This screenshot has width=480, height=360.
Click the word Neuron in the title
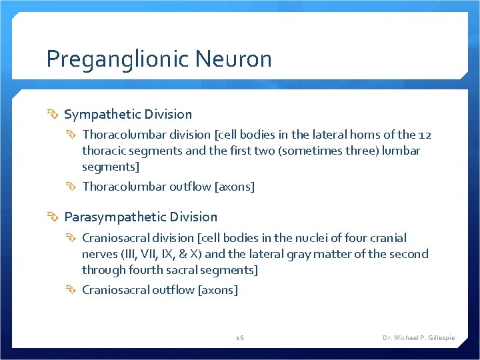click(234, 59)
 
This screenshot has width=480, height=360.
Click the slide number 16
click(240, 338)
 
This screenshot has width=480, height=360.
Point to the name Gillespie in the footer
click(440, 338)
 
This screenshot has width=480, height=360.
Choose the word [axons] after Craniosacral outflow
click(218, 290)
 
